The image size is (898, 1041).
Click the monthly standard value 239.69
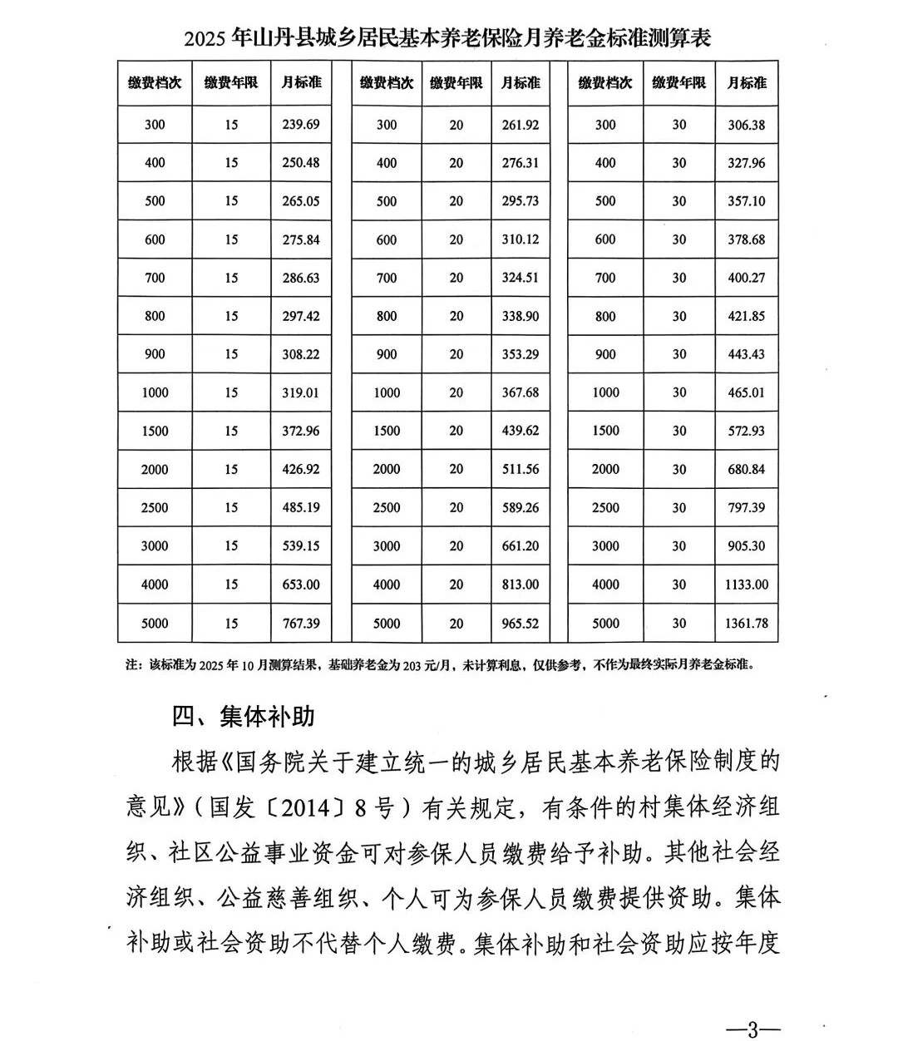tap(300, 125)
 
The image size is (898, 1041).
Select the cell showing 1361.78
tap(746, 623)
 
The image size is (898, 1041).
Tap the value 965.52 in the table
tap(521, 623)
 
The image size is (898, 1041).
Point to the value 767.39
tap(300, 623)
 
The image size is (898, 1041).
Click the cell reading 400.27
tap(746, 278)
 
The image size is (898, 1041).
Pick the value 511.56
tap(521, 469)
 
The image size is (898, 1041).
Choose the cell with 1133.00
tap(746, 585)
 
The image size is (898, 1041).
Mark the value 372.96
tap(300, 431)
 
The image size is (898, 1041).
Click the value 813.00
tap(521, 585)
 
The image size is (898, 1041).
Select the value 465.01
tap(746, 392)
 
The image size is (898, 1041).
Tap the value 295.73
tap(521, 201)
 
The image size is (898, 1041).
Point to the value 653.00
tap(300, 585)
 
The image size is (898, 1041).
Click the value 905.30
tap(746, 546)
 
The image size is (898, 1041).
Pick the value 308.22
tap(300, 354)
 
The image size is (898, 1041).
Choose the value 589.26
tap(521, 507)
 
